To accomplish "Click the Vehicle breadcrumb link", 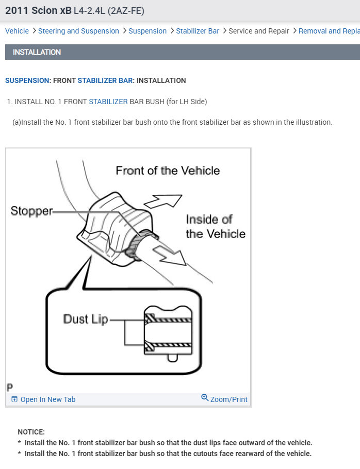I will coord(17,31).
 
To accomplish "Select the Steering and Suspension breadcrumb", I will coord(78,31).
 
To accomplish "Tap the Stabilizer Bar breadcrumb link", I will coord(198,31).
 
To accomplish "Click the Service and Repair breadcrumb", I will coord(259,31).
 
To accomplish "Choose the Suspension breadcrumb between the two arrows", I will coord(148,31).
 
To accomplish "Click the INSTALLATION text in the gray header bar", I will coord(37,52).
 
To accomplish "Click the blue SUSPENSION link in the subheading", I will coord(27,80).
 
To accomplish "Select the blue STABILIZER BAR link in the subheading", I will coord(105,80).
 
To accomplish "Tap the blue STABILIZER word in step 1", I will coord(108,102).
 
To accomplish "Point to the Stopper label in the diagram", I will coord(31,211).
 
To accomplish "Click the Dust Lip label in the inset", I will coord(86,319).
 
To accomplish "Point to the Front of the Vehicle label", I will coord(168,171).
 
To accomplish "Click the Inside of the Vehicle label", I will coord(216,226).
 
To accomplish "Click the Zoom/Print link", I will coord(228,399).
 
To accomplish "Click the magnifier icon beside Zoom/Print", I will coord(205,398).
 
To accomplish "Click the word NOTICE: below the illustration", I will coord(31,432).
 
